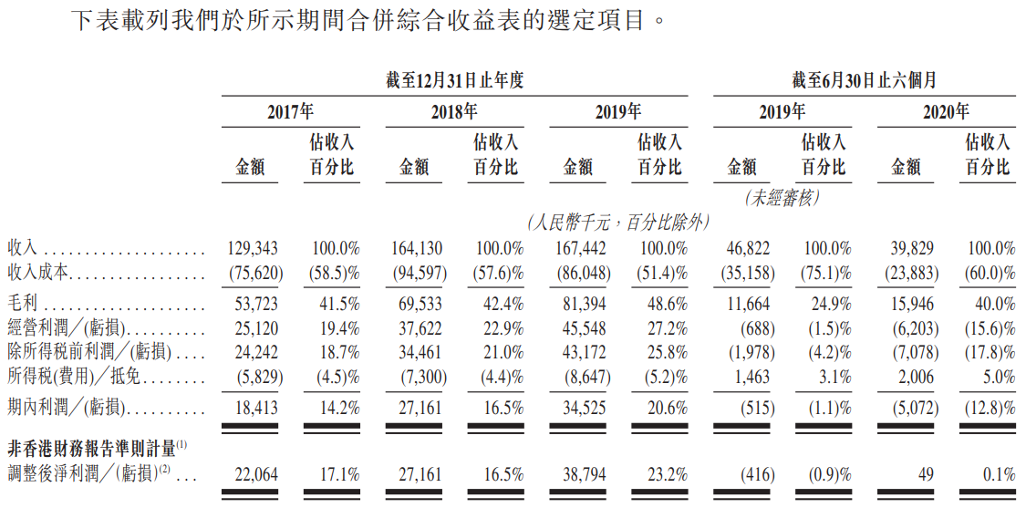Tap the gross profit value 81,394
click(582, 304)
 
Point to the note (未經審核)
click(783, 197)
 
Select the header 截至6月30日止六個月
click(864, 80)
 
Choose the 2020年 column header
click(946, 112)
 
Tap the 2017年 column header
click(290, 112)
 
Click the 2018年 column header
click(454, 112)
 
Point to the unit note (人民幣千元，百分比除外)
click(617, 222)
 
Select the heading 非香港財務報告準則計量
click(91, 447)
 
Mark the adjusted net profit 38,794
click(582, 474)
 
